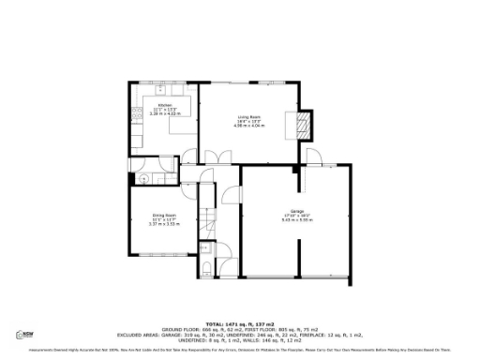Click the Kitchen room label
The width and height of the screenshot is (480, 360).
click(x=164, y=104)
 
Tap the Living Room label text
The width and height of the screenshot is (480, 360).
click(x=248, y=117)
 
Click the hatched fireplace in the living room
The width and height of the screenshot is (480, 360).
click(x=303, y=124)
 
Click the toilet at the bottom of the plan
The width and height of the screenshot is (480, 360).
click(x=205, y=270)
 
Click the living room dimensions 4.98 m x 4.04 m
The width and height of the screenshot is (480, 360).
click(x=248, y=127)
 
